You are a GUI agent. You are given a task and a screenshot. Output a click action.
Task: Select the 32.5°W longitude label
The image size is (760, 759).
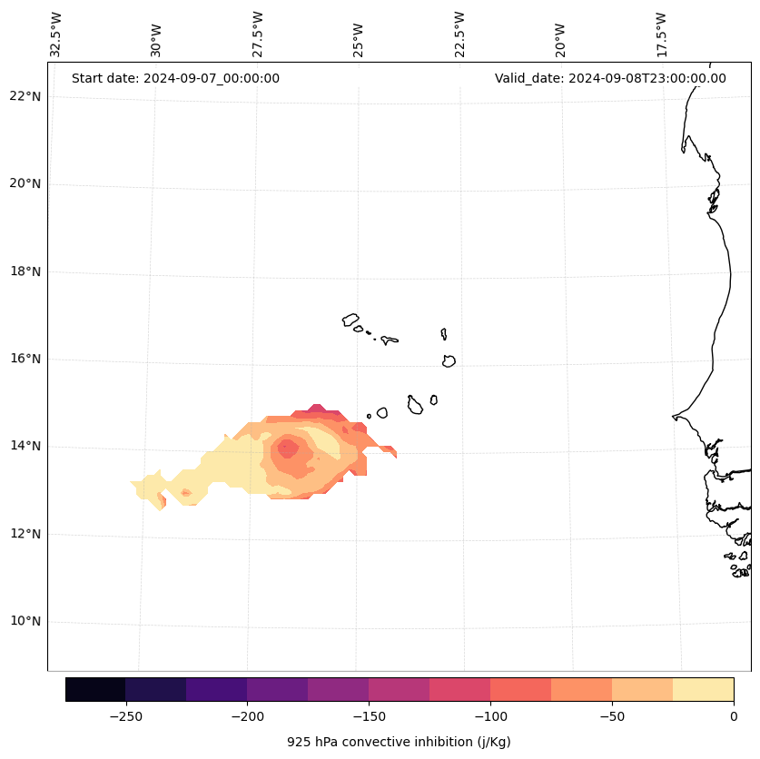click(56, 34)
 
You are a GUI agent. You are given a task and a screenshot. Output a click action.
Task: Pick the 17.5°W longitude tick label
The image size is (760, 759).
click(661, 34)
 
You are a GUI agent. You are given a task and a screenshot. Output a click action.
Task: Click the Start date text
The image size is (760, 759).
click(175, 78)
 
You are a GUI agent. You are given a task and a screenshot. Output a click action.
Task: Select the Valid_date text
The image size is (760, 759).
click(610, 78)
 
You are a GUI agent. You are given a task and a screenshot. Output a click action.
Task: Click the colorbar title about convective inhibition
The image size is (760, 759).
click(399, 742)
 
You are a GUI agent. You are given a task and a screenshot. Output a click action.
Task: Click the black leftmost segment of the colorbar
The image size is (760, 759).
click(95, 689)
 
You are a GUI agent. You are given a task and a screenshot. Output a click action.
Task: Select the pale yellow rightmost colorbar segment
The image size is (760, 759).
click(703, 689)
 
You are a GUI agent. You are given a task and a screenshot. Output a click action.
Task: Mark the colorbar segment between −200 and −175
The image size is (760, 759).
click(277, 689)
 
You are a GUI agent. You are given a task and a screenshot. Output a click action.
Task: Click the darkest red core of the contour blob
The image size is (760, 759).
click(288, 447)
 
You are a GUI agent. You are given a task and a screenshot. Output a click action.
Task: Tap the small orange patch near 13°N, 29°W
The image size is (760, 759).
click(186, 493)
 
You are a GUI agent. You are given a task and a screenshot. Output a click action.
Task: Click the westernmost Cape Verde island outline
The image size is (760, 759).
click(350, 320)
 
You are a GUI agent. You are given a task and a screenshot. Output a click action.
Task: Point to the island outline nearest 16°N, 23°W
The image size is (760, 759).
click(449, 361)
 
